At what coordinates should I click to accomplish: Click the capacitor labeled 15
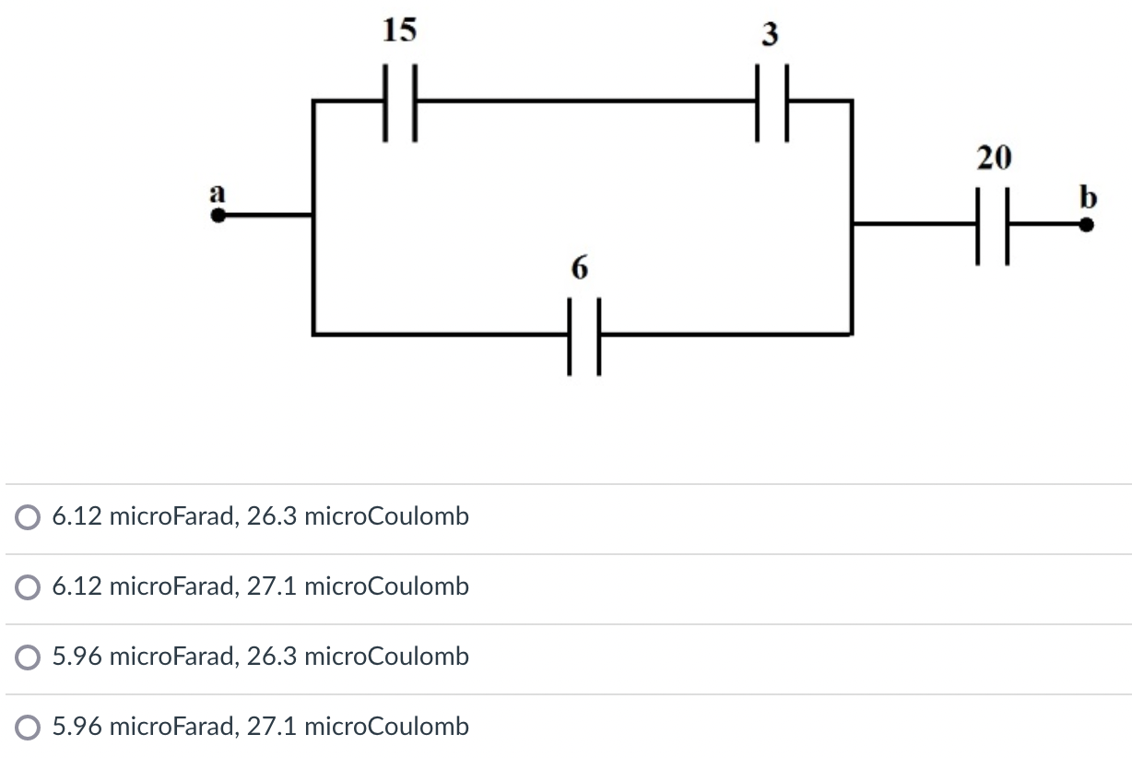tap(400, 101)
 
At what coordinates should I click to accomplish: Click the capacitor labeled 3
tap(772, 101)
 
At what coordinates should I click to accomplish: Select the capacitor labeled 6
tap(584, 334)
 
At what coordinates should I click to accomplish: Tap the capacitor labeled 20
tap(992, 224)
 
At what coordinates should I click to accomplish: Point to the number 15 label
tap(399, 30)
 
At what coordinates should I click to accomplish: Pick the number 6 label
tap(578, 268)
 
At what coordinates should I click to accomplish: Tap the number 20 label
tap(994, 160)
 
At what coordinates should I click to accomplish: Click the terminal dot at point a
tap(218, 217)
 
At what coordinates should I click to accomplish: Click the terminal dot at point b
tap(1088, 224)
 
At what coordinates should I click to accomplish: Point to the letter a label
tap(218, 194)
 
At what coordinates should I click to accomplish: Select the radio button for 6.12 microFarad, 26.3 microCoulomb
tap(28, 517)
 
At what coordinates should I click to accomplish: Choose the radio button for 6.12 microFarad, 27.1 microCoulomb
tap(28, 587)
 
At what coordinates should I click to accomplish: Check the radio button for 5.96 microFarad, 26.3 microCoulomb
tap(28, 657)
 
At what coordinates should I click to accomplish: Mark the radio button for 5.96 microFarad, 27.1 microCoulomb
tap(28, 728)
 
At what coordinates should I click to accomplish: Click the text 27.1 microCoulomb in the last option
tap(358, 727)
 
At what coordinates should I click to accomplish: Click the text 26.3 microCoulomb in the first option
tap(358, 516)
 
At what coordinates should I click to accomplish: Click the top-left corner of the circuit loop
tap(314, 101)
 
